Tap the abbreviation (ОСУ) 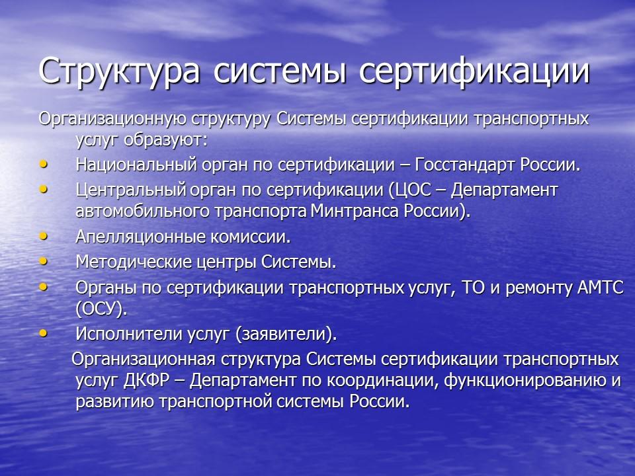point(101,309)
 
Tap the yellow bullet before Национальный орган point(44,163)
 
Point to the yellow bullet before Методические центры point(44,261)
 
